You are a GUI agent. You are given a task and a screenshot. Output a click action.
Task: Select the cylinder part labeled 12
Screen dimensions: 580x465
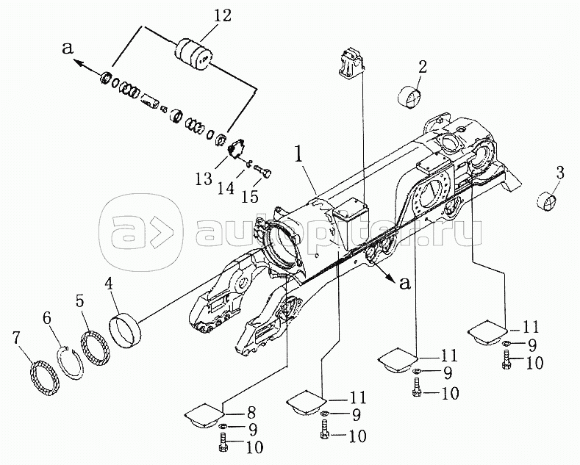(193, 54)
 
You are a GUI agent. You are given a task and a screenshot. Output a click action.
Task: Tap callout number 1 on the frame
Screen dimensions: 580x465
(298, 155)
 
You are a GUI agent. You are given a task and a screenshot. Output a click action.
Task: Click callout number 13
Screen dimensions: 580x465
(204, 179)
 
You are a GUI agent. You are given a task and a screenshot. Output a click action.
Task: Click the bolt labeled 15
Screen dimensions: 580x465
(263, 171)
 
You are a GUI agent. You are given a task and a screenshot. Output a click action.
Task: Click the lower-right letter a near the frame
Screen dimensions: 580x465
(405, 283)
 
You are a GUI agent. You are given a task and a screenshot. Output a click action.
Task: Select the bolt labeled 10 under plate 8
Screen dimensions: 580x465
(223, 444)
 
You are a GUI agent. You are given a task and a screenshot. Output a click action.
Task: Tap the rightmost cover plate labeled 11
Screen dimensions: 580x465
(487, 330)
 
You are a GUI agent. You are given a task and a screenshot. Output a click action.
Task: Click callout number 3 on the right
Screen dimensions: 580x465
(559, 173)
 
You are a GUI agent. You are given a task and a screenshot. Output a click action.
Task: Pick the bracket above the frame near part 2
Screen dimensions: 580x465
(351, 63)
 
